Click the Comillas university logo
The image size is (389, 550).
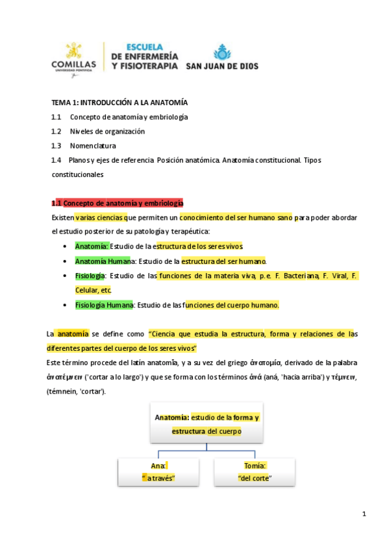click(x=73, y=58)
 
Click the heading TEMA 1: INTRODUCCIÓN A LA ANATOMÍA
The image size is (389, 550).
click(x=119, y=102)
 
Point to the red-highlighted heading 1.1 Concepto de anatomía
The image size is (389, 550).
click(x=118, y=203)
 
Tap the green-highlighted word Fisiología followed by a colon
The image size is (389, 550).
click(x=90, y=276)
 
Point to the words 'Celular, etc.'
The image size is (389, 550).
click(x=94, y=290)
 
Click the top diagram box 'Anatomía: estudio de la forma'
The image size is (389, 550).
click(x=207, y=424)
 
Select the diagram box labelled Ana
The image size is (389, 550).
click(x=159, y=472)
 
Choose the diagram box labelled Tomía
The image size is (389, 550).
click(x=254, y=472)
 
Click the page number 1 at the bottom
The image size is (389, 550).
click(x=364, y=514)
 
